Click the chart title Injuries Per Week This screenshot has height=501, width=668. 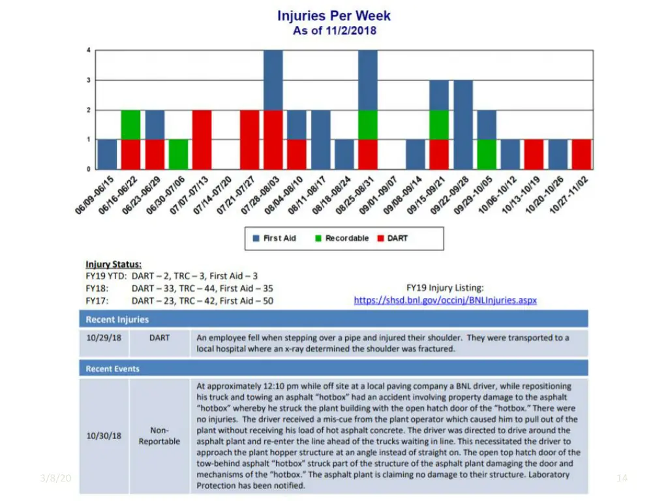pos(334,16)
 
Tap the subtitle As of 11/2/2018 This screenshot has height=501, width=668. pos(334,31)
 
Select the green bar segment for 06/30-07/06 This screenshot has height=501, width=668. pos(178,154)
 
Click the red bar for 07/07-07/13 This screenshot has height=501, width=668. pos(202,140)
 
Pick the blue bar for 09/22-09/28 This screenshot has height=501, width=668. pos(463,125)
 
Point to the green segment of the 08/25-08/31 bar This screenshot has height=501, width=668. pos(368,125)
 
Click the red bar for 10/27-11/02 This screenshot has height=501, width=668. pos(581,154)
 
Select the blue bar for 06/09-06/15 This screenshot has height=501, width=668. pos(107,154)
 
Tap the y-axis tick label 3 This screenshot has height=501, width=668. pos(89,80)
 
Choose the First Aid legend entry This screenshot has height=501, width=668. pos(274,239)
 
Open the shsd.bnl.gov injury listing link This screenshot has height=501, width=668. pos(445,301)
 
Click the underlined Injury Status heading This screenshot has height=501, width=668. pos(114,264)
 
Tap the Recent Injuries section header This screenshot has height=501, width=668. pos(117,320)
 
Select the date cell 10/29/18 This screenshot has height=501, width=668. pos(104,338)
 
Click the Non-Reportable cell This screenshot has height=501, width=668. pos(159,436)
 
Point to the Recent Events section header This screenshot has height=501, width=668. pos(113,369)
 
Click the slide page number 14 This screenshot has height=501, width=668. pos(622,478)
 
